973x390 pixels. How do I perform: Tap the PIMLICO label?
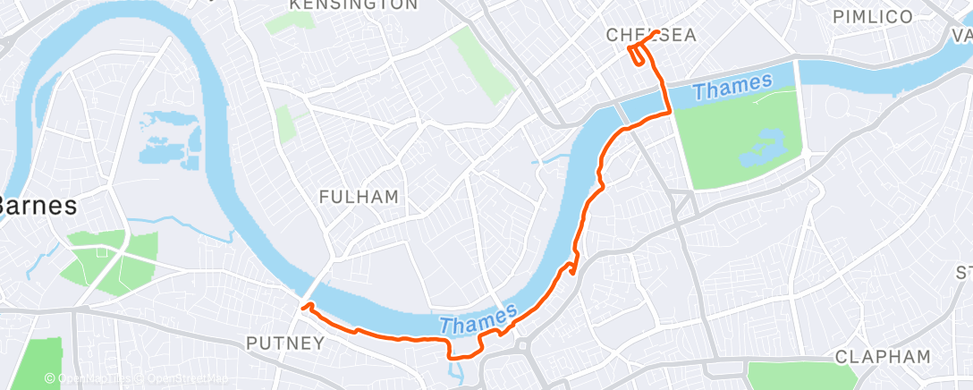872,17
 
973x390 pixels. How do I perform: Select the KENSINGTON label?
353,5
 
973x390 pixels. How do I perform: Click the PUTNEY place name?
284,343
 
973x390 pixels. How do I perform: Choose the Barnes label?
36,204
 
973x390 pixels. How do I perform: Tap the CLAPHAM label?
883,356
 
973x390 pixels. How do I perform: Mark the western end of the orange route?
303,307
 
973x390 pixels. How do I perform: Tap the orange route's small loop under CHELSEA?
637,55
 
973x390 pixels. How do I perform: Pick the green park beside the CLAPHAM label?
787,376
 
